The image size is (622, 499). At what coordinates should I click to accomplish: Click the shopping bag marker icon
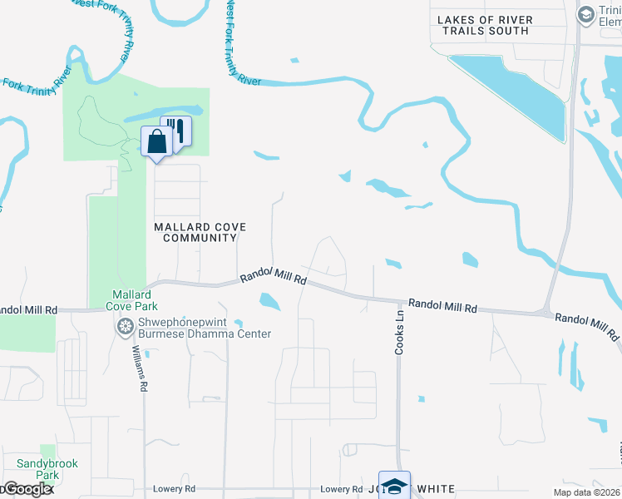(156, 141)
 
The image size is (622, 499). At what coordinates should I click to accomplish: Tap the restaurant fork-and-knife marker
(176, 131)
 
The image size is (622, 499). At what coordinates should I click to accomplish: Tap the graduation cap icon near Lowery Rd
(394, 486)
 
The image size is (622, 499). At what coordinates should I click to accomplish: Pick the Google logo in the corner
(27, 490)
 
